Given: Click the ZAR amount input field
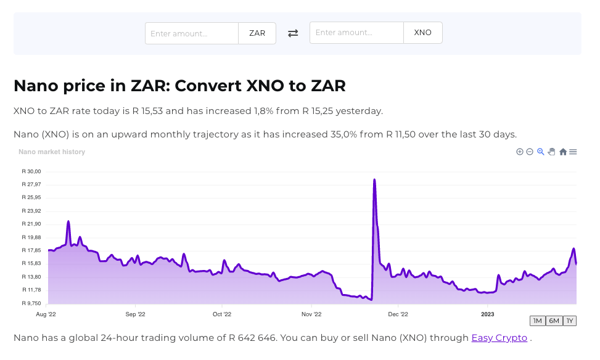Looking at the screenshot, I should click(x=192, y=33).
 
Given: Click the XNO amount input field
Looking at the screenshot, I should click(x=356, y=33).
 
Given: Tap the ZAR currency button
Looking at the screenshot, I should click(x=257, y=33).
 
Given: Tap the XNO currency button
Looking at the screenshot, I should click(x=423, y=33).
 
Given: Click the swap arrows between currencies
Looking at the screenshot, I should click(x=293, y=33).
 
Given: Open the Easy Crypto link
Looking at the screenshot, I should click(x=499, y=338).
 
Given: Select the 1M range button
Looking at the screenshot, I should click(x=537, y=321).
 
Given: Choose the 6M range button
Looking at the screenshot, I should click(x=554, y=321).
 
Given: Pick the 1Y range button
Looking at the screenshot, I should click(x=570, y=321).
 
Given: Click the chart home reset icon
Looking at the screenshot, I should click(x=563, y=152).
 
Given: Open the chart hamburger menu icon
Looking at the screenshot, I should click(x=573, y=152).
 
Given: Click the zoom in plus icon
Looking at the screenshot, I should click(x=520, y=152).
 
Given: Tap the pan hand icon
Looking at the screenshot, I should click(x=552, y=152).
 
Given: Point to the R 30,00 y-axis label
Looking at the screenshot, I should click(x=31, y=171).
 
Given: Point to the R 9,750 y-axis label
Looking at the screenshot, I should click(x=31, y=303).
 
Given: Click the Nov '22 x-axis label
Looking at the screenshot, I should click(x=311, y=314).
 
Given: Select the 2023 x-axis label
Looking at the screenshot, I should click(x=487, y=314).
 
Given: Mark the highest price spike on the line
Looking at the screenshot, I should click(x=374, y=180).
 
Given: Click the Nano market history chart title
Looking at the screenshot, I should click(x=52, y=152).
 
